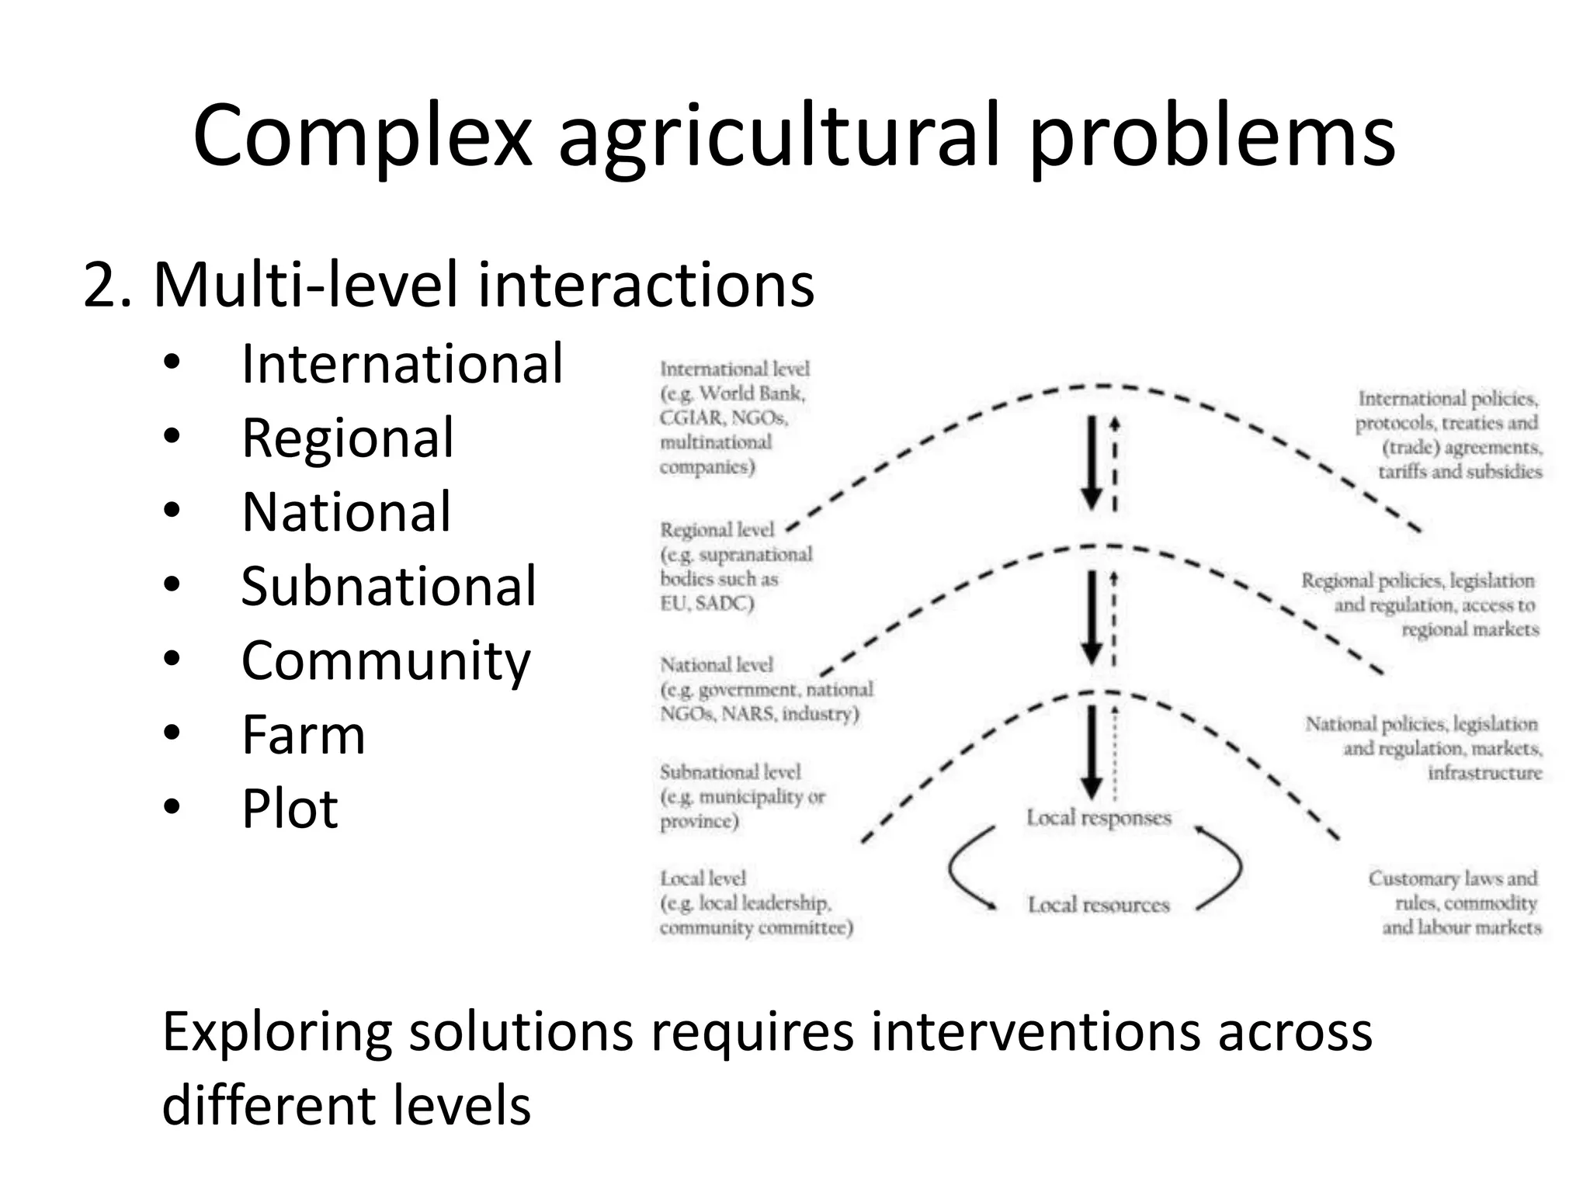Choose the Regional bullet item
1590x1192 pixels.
(x=347, y=438)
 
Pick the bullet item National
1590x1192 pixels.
(x=345, y=512)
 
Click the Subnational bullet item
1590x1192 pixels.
(x=388, y=586)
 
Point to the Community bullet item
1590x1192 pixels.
(x=386, y=660)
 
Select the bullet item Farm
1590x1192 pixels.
(x=303, y=734)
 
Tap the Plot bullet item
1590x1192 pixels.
(x=290, y=809)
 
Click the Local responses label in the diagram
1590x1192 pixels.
(x=1098, y=818)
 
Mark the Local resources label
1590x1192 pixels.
(x=1098, y=905)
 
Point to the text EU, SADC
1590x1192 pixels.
(x=706, y=603)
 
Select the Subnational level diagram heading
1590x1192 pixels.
(x=730, y=772)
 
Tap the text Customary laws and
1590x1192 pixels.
(x=1452, y=878)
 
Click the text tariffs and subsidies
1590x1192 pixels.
(x=1460, y=472)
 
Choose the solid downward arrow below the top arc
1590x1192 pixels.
(x=1092, y=463)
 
